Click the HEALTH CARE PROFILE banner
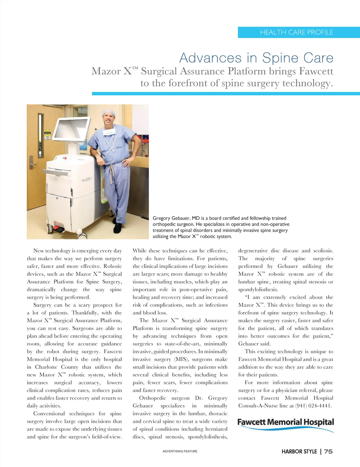click(296, 32)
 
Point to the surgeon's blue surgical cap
click(109, 113)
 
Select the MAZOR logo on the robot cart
click(86, 180)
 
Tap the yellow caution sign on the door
click(47, 134)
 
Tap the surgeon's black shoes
click(118, 228)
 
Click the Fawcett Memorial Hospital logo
click(286, 424)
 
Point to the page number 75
click(328, 451)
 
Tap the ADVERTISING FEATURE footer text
click(180, 451)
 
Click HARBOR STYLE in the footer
click(299, 451)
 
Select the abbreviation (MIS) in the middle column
click(181, 359)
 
